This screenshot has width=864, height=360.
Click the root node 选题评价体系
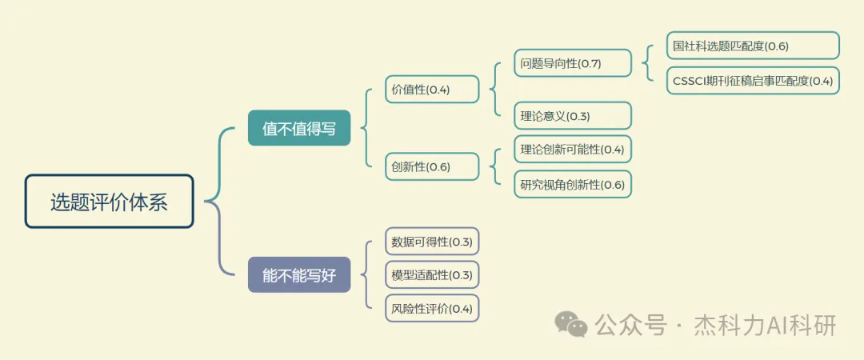(109, 202)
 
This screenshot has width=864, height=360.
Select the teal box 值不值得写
(299, 128)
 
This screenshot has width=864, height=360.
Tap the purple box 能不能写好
(299, 275)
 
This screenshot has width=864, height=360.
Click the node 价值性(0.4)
(432, 90)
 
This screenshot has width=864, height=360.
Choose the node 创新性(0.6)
(432, 166)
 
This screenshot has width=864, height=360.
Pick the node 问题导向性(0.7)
(572, 62)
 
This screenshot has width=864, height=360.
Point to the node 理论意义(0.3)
(572, 115)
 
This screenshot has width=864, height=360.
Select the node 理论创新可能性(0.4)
(572, 149)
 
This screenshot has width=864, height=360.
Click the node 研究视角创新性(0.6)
(572, 184)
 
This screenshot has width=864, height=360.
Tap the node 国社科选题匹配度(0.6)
(753, 46)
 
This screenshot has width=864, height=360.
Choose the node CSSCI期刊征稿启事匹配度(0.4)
(753, 81)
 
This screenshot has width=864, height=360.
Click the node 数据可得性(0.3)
(432, 242)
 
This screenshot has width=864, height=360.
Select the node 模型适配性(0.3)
(432, 275)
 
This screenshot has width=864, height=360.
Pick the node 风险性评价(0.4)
(432, 308)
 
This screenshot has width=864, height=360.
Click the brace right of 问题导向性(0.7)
(646, 63)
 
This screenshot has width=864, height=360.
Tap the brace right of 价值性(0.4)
(494, 89)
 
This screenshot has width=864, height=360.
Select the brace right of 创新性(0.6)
(494, 166)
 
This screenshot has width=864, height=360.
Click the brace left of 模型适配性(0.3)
(368, 275)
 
